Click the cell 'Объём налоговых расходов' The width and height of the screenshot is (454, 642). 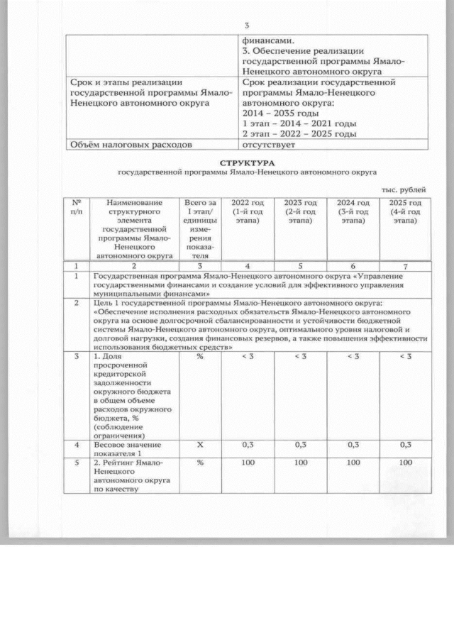click(130, 145)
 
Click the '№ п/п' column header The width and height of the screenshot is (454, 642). click(76, 207)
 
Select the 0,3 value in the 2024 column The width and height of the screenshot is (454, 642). click(353, 445)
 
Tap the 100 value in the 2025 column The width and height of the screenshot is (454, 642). click(405, 463)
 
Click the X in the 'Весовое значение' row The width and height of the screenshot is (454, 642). click(200, 445)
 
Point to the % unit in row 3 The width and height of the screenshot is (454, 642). click(200, 356)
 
